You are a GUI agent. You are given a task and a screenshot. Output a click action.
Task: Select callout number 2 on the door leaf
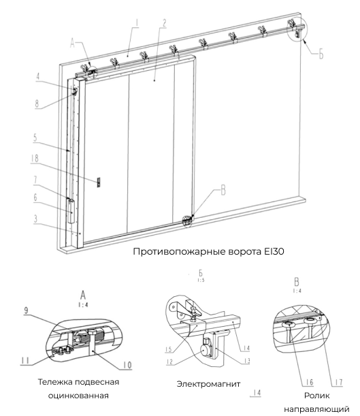pyautogui.click(x=163, y=22)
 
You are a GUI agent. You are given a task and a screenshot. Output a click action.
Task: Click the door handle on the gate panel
pyautogui.click(x=99, y=182)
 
